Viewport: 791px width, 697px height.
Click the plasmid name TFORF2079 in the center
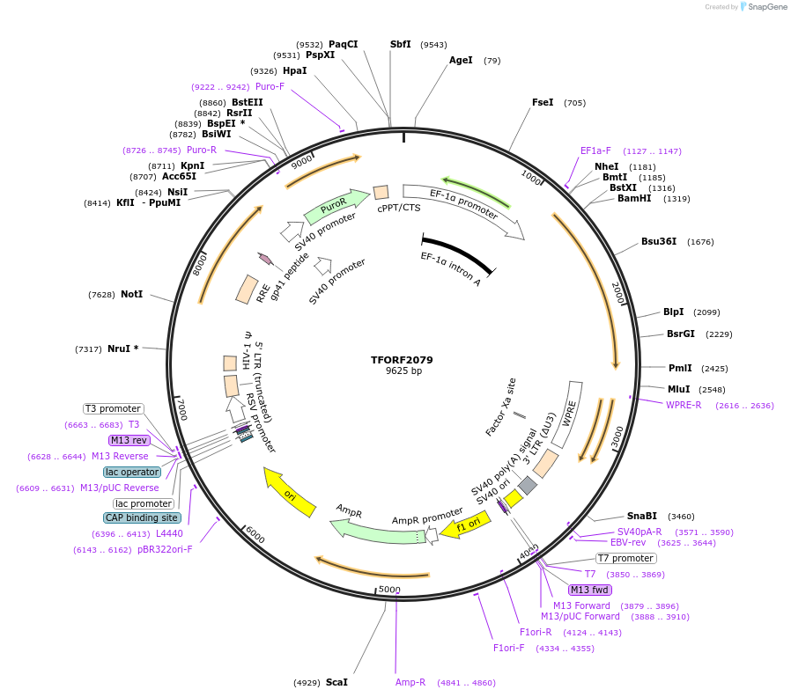point(402,360)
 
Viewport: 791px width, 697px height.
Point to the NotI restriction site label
point(131,294)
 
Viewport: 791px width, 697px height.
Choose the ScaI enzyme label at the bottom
point(336,682)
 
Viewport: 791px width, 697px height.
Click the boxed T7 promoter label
point(625,558)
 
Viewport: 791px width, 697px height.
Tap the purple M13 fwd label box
point(590,590)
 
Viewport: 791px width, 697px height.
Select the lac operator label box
point(132,472)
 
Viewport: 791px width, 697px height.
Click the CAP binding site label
point(143,517)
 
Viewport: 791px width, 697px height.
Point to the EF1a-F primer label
point(595,150)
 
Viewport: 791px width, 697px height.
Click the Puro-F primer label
point(270,86)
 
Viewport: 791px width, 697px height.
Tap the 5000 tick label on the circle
point(388,589)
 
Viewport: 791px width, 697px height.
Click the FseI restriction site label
point(543,102)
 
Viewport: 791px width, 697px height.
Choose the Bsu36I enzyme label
point(659,241)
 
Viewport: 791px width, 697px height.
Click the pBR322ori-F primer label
point(165,549)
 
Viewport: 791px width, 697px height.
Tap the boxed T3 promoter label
point(113,408)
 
